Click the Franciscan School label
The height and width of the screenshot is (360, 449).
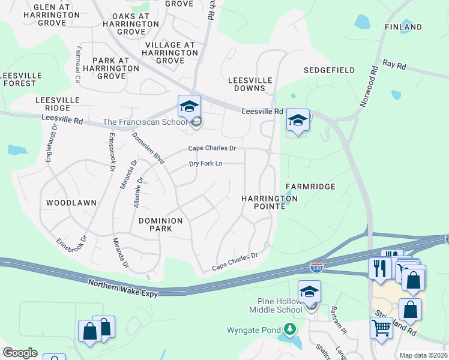click(x=146, y=122)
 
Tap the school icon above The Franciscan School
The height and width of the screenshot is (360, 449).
click(x=189, y=107)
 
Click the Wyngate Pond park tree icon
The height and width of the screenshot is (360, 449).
click(x=290, y=329)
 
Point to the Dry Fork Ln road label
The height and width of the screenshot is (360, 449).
click(x=206, y=163)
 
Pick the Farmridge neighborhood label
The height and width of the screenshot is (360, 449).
click(x=310, y=187)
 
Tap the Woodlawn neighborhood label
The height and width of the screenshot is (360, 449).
click(x=71, y=203)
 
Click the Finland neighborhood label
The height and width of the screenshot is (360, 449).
click(x=403, y=27)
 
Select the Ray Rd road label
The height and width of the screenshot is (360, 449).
click(x=394, y=64)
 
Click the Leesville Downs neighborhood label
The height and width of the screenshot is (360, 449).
click(x=250, y=84)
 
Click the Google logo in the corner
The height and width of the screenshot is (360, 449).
click(x=20, y=353)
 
